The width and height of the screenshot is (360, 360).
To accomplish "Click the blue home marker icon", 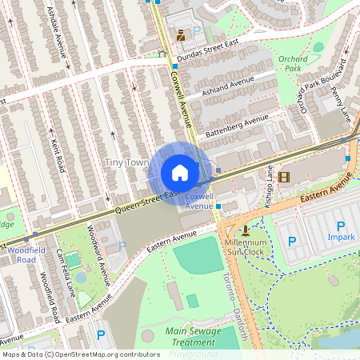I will (180, 173).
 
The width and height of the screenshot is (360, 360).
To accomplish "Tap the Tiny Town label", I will (126, 162).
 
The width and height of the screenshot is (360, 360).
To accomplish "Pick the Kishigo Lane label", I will (270, 186).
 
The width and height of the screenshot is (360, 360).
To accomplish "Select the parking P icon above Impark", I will (341, 226).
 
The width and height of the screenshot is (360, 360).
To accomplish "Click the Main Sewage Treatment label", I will (193, 336).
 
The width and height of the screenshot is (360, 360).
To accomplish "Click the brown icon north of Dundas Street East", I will (181, 34).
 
